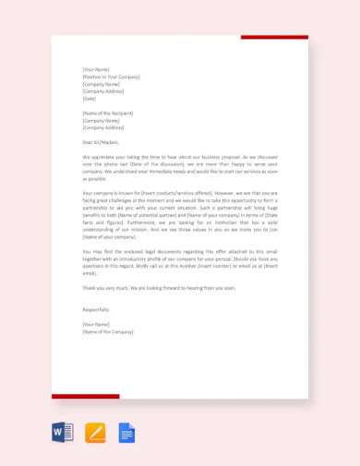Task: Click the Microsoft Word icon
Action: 64,432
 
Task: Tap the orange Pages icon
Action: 95,432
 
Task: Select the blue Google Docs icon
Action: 126,432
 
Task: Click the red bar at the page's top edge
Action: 274,38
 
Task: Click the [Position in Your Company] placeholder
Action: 111,77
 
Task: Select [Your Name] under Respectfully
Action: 97,324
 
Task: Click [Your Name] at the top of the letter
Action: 97,69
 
